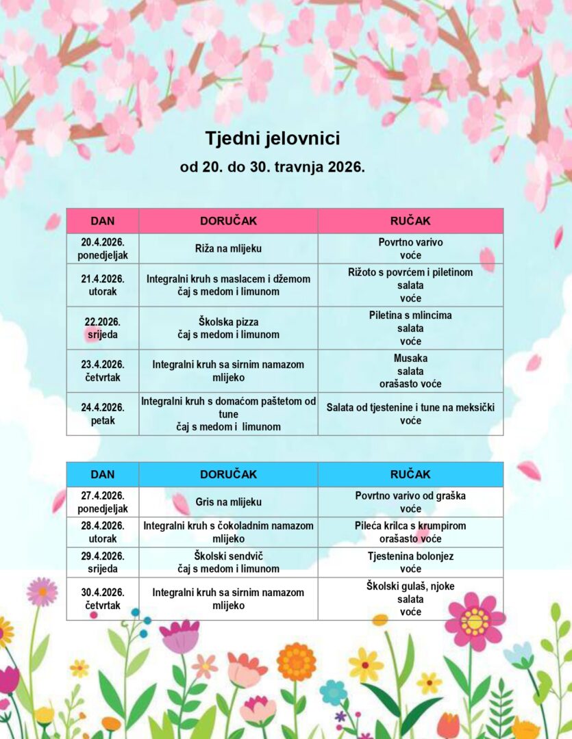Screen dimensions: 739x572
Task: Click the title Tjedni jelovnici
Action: tap(273, 139)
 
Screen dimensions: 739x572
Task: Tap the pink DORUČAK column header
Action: tap(228, 221)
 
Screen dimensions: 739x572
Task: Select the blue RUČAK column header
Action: tap(410, 474)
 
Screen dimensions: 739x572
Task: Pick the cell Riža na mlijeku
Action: tap(228, 249)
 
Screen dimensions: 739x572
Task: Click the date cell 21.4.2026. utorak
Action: tap(103, 285)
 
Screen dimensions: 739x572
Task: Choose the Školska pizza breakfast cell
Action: tap(228, 328)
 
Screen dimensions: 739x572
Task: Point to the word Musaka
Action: tap(410, 359)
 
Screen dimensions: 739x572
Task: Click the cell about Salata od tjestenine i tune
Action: tap(410, 414)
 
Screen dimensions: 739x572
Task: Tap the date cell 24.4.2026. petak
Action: tap(103, 414)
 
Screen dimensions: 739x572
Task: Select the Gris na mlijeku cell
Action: tap(228, 502)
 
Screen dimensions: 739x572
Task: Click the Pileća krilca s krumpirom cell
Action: tap(410, 532)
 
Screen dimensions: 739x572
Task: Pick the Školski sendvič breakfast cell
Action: tap(228, 562)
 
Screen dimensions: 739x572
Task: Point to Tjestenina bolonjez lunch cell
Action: tap(410, 562)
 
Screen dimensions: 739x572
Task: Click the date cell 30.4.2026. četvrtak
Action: tap(103, 599)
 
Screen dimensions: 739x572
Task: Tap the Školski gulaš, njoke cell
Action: tap(410, 599)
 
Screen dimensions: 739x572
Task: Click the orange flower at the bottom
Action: tap(297, 662)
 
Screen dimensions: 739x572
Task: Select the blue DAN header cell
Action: tap(103, 474)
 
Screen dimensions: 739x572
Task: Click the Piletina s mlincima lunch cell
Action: tap(410, 328)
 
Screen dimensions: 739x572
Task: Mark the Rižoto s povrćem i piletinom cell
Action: tap(410, 285)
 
